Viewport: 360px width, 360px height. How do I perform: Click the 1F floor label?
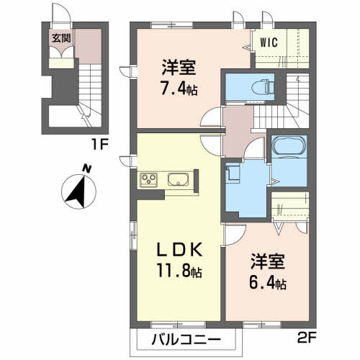(x=99, y=143)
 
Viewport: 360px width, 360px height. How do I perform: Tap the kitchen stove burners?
(x=149, y=179)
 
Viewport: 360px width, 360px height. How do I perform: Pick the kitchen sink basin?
(x=178, y=179)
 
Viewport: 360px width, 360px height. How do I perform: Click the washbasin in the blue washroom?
(x=232, y=174)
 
